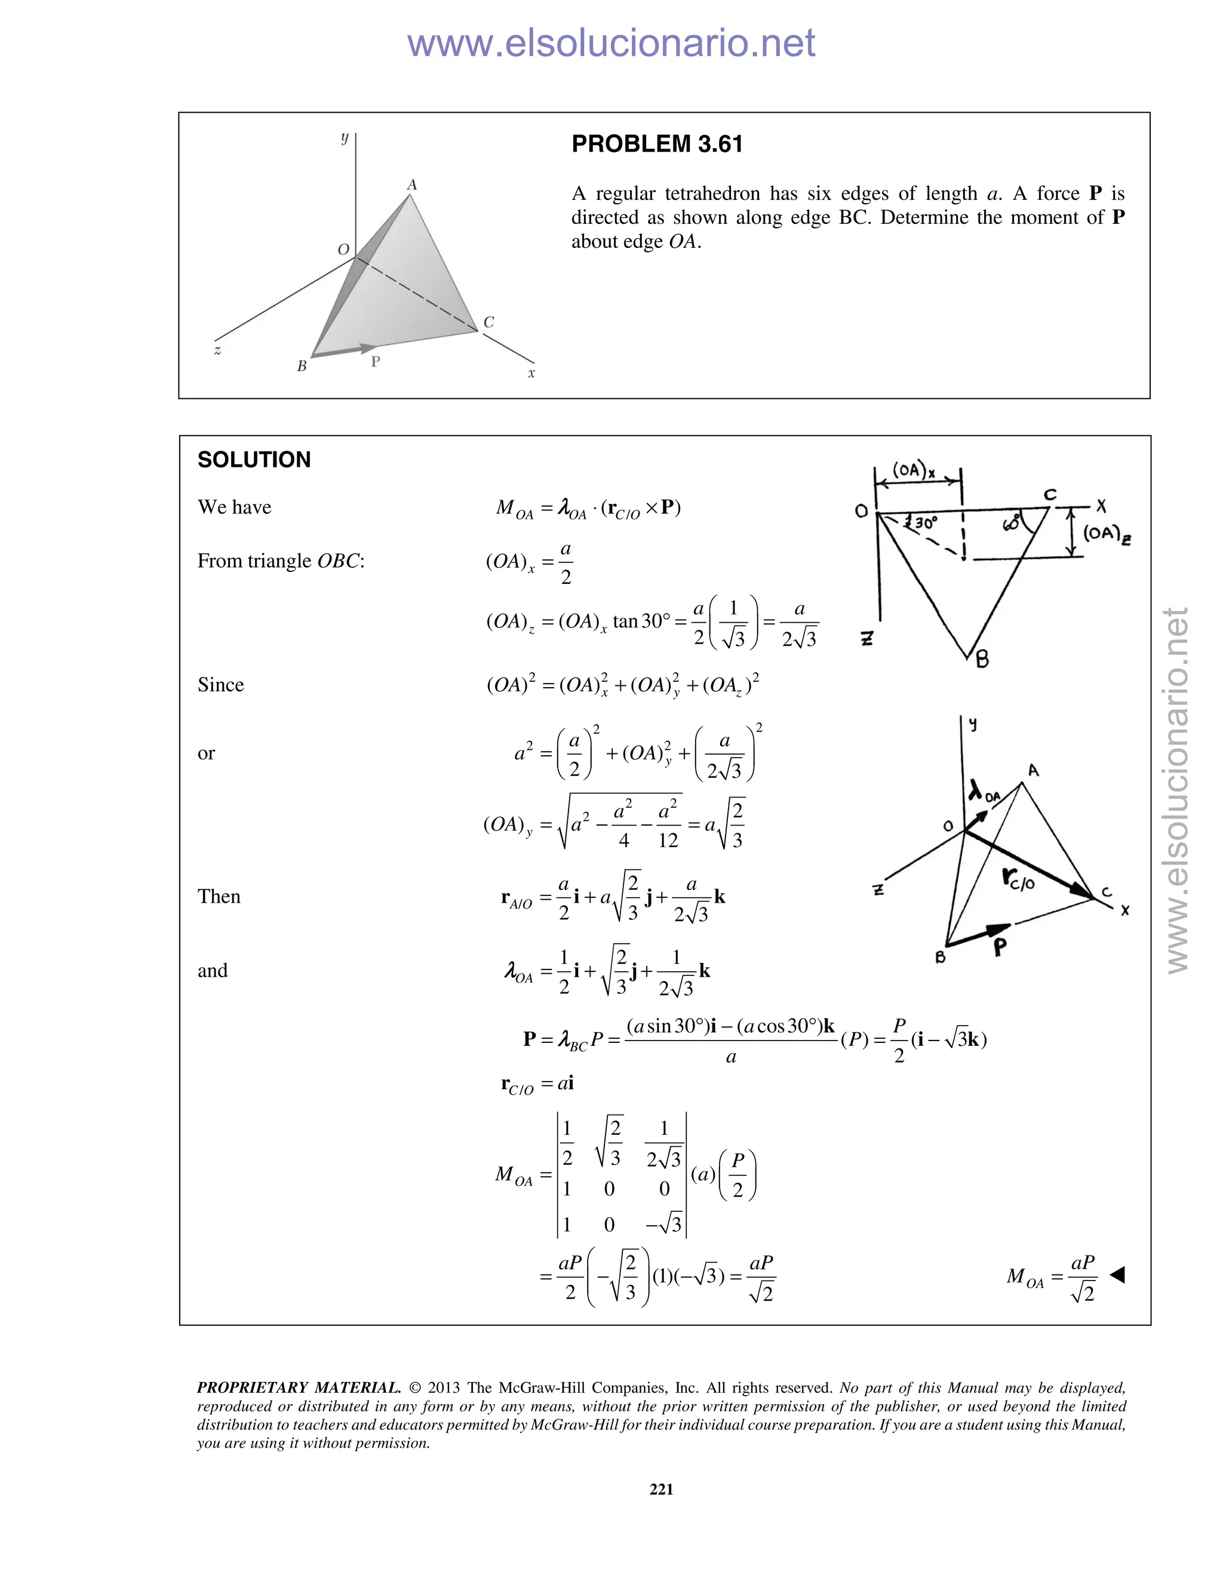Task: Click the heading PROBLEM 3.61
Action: click(x=656, y=144)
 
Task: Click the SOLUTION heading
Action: click(x=254, y=459)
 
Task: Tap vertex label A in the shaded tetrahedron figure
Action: click(x=411, y=184)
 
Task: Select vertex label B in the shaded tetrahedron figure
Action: click(x=302, y=367)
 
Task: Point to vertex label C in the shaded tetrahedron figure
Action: click(x=489, y=322)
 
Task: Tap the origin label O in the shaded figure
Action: click(x=343, y=249)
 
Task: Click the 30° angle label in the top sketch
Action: click(x=924, y=523)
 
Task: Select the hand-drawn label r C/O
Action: click(x=1019, y=879)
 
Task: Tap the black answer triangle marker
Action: click(x=1117, y=1275)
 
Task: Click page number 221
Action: click(x=662, y=1488)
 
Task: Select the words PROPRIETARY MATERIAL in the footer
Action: click(x=299, y=1388)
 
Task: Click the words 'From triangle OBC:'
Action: click(x=281, y=561)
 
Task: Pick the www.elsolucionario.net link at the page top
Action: click(x=611, y=43)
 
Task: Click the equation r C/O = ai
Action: click(x=537, y=1084)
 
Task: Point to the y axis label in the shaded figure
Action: click(x=345, y=138)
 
